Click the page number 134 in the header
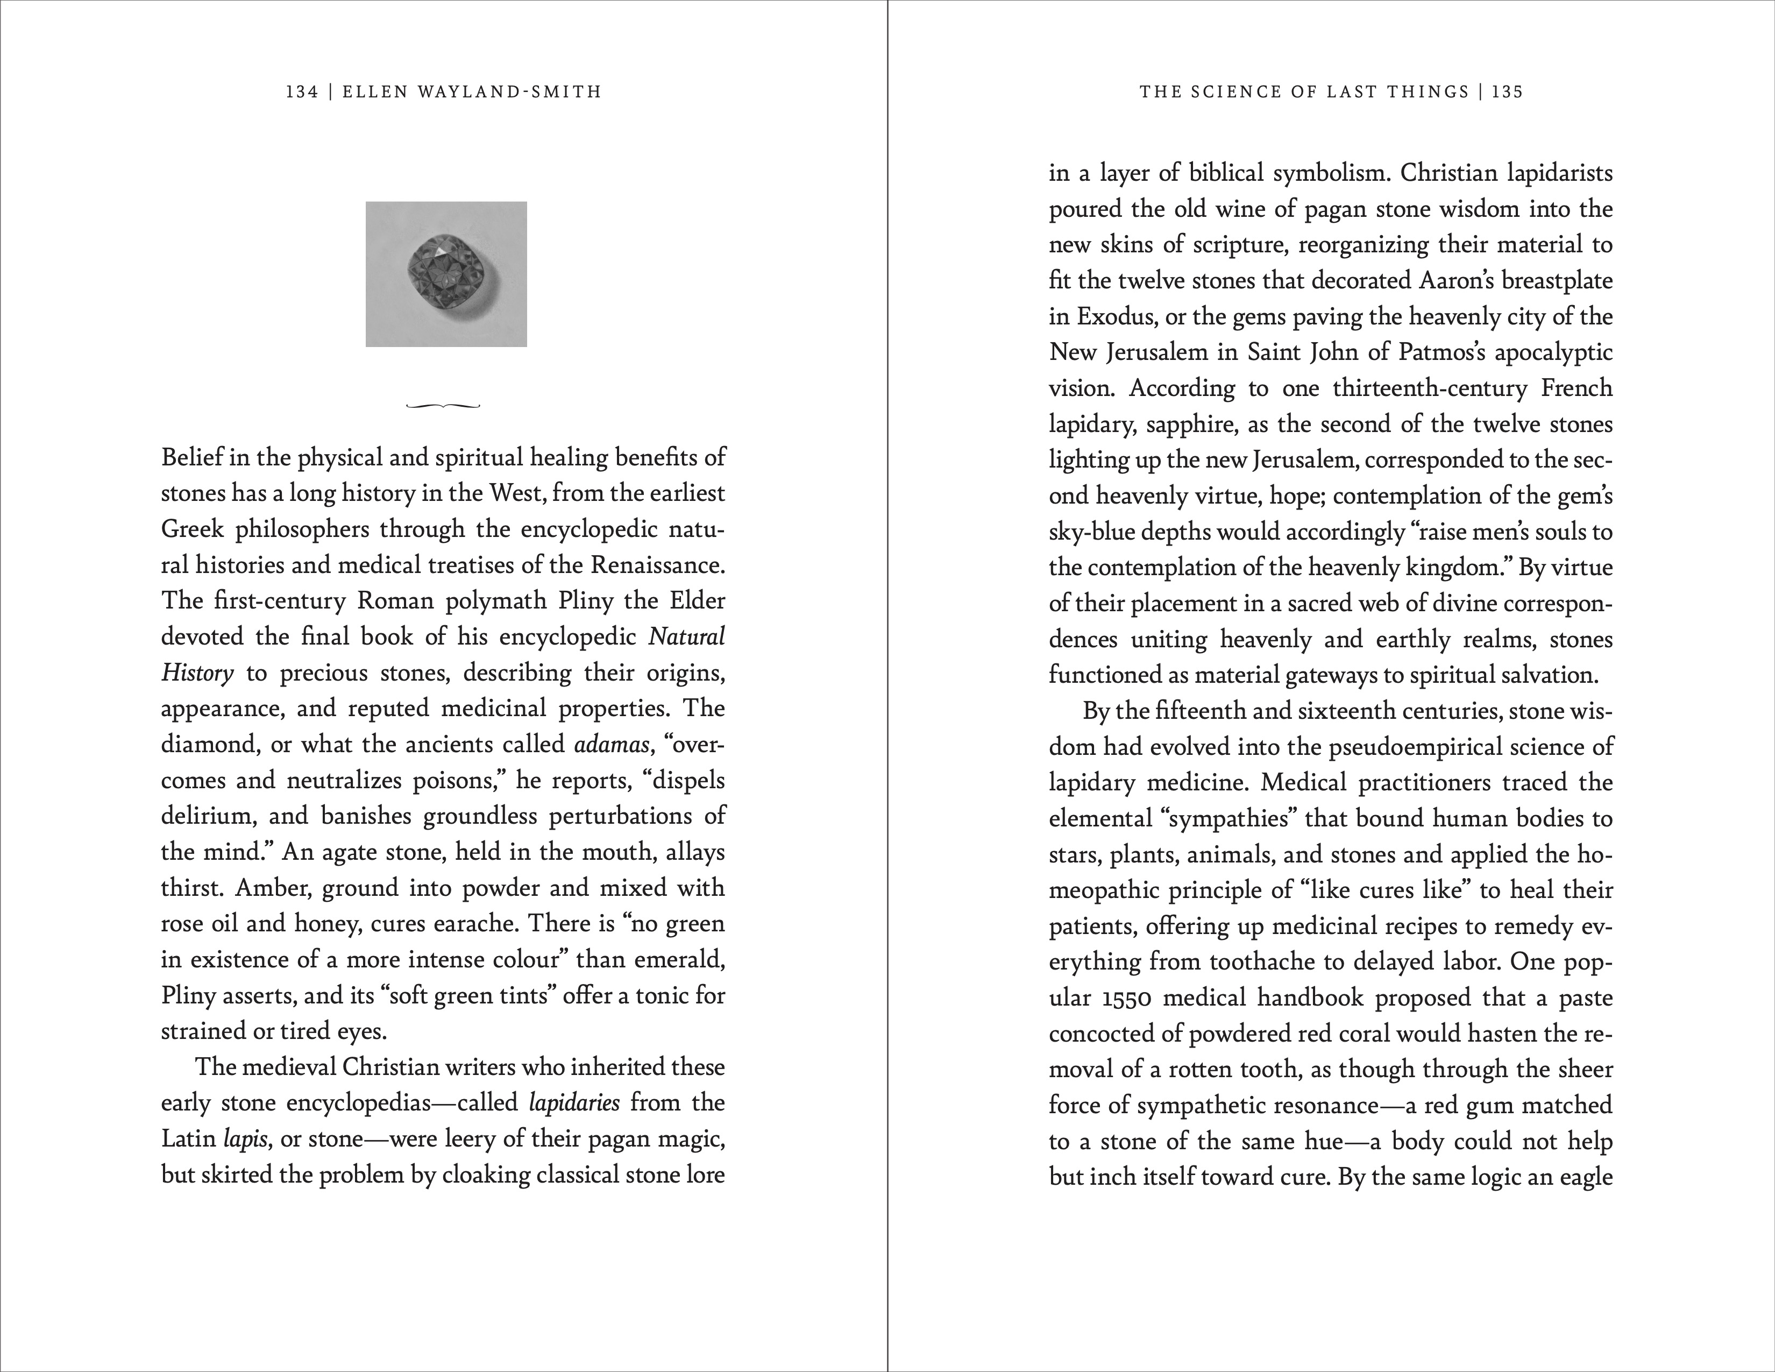[302, 92]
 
